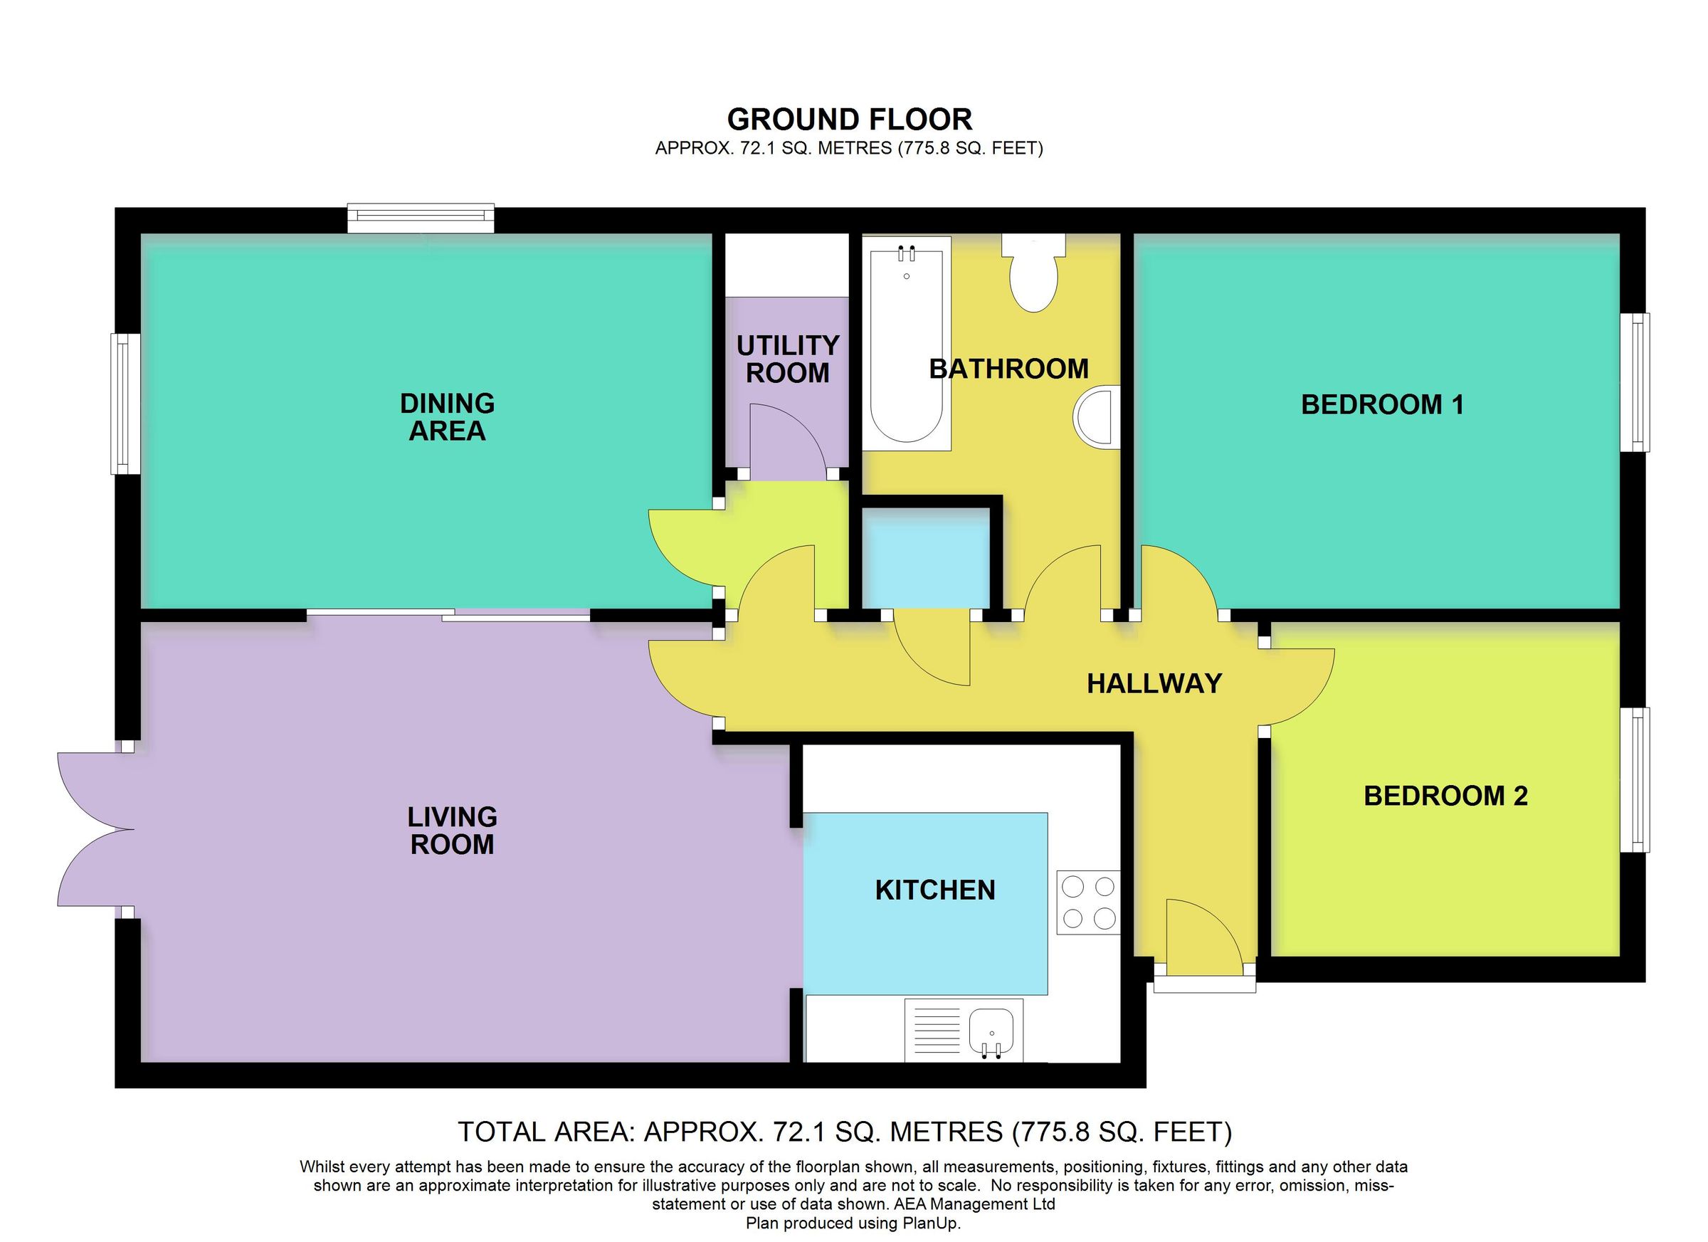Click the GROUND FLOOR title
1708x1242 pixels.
click(x=849, y=120)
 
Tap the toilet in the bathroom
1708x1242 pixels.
click(x=1034, y=274)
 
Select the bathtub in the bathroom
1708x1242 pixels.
click(x=906, y=344)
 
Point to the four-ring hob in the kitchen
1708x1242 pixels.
click(x=1088, y=902)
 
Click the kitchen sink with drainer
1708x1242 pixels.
click(x=964, y=1029)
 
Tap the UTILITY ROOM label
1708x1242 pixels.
click(x=787, y=359)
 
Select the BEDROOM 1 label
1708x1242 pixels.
click(x=1382, y=405)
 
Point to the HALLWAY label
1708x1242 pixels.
click(x=1154, y=684)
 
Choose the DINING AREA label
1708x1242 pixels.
click(x=447, y=417)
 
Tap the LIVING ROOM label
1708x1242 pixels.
click(x=452, y=831)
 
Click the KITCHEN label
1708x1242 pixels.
click(x=934, y=890)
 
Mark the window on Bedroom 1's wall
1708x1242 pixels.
click(x=1634, y=382)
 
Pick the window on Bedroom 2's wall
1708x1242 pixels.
click(x=1634, y=779)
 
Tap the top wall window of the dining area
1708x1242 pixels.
click(x=420, y=218)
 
